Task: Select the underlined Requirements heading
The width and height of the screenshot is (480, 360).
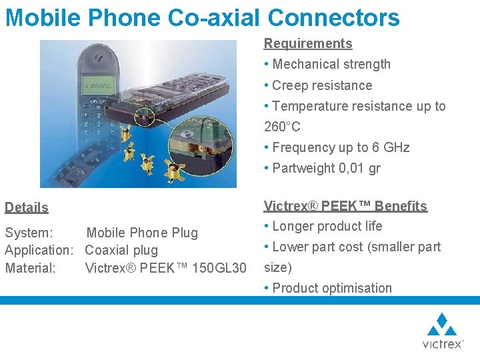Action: tap(308, 44)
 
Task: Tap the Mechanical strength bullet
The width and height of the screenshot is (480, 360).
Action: tap(331, 65)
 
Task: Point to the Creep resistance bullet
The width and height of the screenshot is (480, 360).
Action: tap(322, 85)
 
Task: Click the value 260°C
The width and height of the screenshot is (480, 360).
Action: tap(283, 127)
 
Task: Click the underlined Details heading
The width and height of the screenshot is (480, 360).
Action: tap(27, 207)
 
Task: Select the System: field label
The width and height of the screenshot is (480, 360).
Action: tap(29, 233)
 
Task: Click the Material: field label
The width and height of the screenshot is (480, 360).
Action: tap(31, 267)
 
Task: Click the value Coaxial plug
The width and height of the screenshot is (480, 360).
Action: tap(121, 250)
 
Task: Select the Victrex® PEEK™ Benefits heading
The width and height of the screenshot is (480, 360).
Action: tap(345, 206)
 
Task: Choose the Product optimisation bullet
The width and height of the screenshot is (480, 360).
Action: tap(331, 288)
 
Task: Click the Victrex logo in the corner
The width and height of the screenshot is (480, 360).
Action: tap(442, 331)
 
